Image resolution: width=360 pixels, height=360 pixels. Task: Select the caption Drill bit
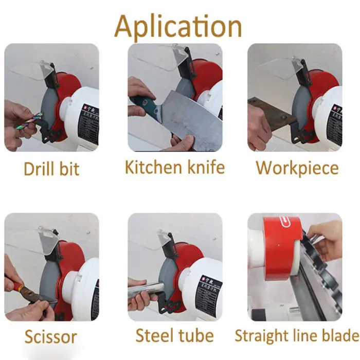51,169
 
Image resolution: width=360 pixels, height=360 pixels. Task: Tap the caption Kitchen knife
175,167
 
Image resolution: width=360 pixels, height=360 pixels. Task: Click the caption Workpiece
297,168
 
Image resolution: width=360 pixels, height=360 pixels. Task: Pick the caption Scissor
50,337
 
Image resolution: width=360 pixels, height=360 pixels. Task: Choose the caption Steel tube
174,336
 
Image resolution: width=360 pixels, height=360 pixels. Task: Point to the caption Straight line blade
296,336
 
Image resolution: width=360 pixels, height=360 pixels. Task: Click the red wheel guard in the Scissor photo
69,262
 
